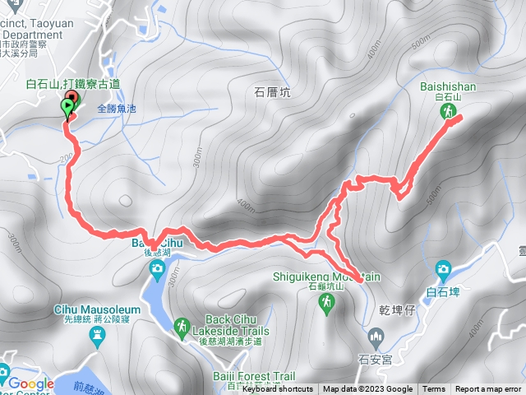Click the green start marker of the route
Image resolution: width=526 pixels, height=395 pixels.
point(66,109)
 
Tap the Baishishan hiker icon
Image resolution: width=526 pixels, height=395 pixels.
point(450,110)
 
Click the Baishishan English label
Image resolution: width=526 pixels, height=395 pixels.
point(448,86)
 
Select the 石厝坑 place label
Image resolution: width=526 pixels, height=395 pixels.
point(273,93)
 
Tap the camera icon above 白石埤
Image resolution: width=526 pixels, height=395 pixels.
point(443,268)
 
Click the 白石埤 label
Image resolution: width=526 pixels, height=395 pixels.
point(444,290)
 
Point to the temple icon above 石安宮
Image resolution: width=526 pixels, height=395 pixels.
point(376,336)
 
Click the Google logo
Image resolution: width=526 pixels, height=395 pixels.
point(30,383)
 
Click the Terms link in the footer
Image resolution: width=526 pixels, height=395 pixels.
point(434,389)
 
